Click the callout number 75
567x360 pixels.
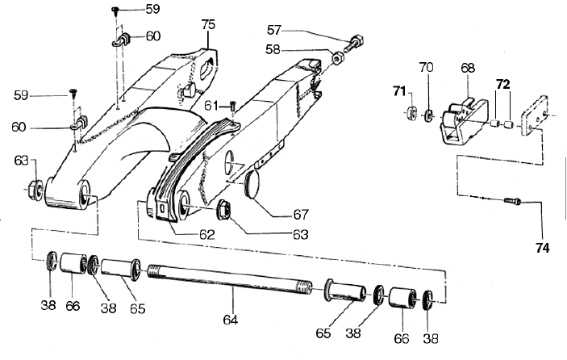tap(208, 24)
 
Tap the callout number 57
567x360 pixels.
tap(273, 30)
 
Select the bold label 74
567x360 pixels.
tap(543, 248)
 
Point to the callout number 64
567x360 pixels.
tap(231, 320)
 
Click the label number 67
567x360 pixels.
tap(301, 215)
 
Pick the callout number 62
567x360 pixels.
tap(207, 235)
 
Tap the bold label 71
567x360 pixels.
tap(399, 91)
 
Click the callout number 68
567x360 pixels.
tap(468, 68)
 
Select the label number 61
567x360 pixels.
tap(211, 106)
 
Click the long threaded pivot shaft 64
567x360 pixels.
tap(230, 277)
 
